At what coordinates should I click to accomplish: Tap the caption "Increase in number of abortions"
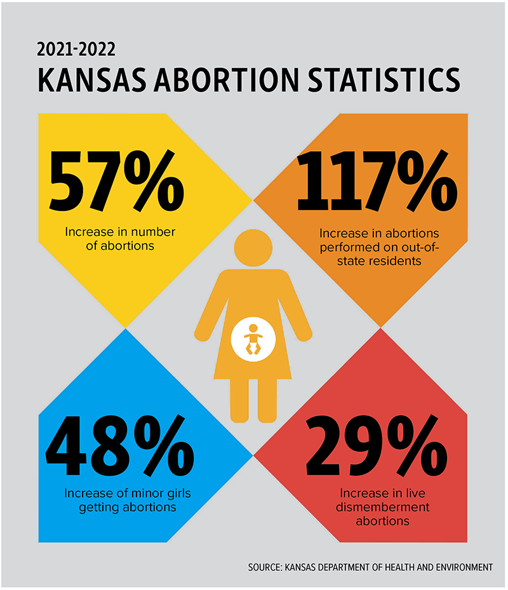[x=120, y=238]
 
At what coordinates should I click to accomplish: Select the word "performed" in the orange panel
[x=349, y=246]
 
